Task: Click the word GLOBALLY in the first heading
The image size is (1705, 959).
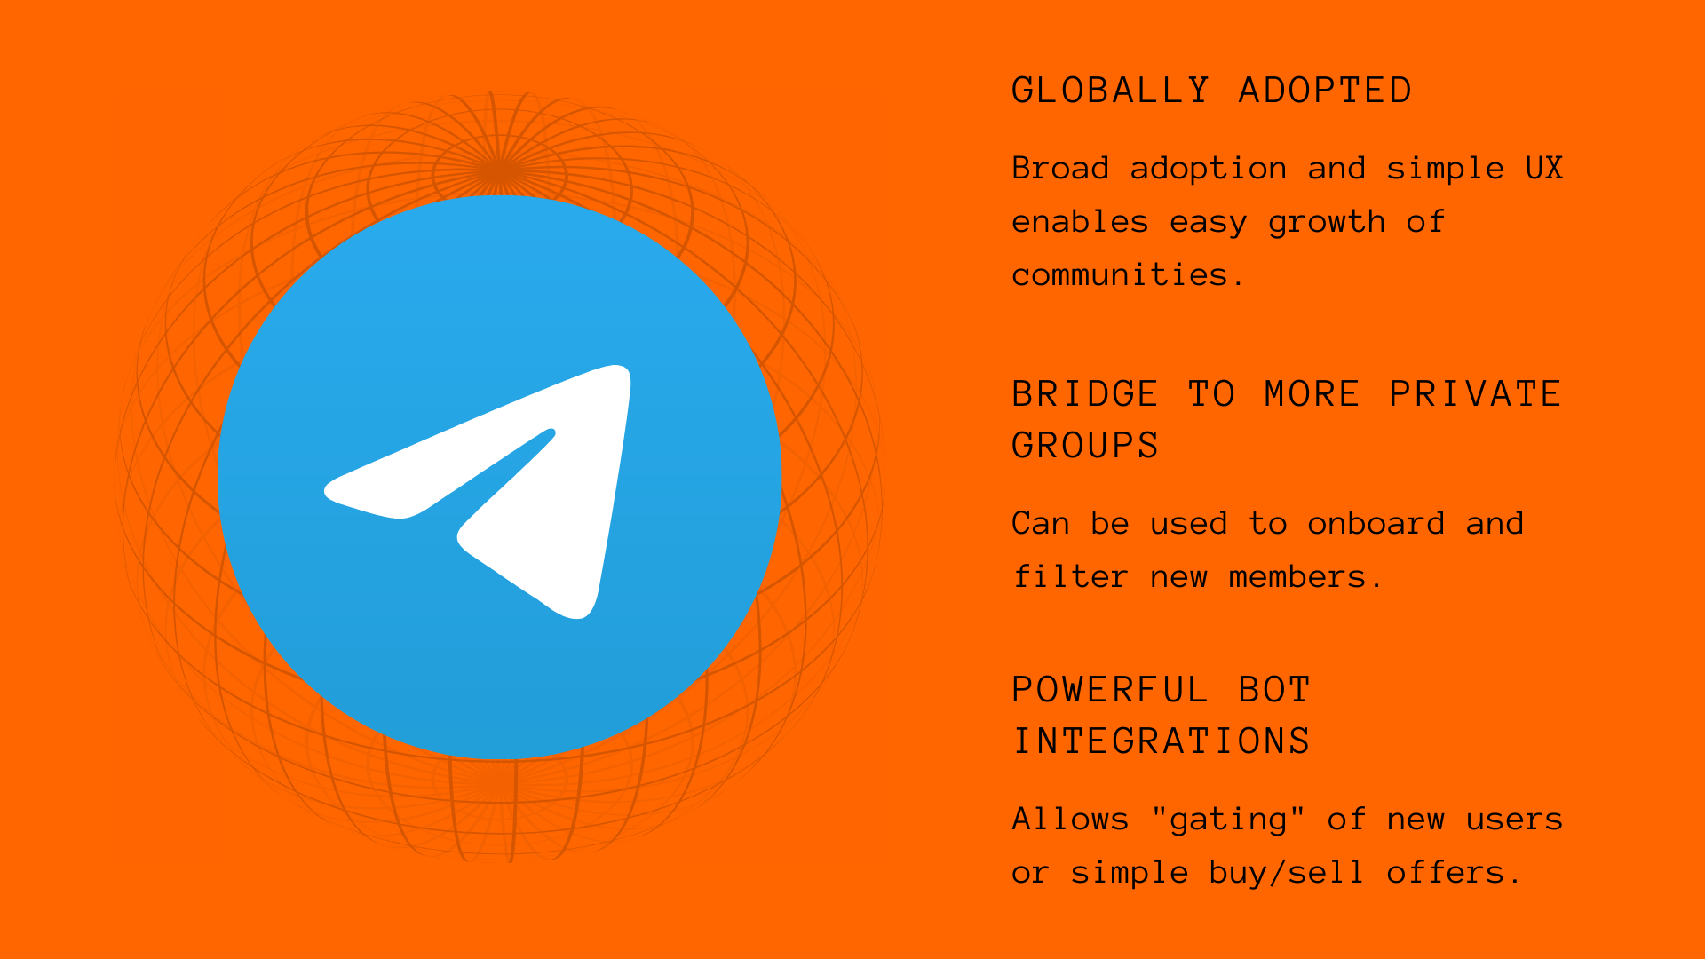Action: (1111, 91)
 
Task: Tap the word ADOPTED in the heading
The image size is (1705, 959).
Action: (1325, 91)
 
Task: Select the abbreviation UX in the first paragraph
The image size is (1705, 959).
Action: (1544, 168)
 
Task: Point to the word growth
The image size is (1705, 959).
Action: (1327, 223)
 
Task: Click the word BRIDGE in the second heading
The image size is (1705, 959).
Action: (1085, 394)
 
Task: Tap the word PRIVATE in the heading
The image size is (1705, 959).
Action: (1475, 394)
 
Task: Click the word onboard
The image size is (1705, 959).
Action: (1376, 523)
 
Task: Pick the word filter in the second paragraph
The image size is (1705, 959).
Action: (1070, 576)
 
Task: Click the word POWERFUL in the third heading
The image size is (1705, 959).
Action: (1110, 690)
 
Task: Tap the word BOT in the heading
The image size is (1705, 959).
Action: (1274, 690)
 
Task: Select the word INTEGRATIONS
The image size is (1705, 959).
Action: (1162, 741)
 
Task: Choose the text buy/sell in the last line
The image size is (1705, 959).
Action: (1287, 874)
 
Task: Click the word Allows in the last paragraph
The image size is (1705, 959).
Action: (1070, 819)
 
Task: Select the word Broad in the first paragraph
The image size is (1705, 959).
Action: (1060, 168)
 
